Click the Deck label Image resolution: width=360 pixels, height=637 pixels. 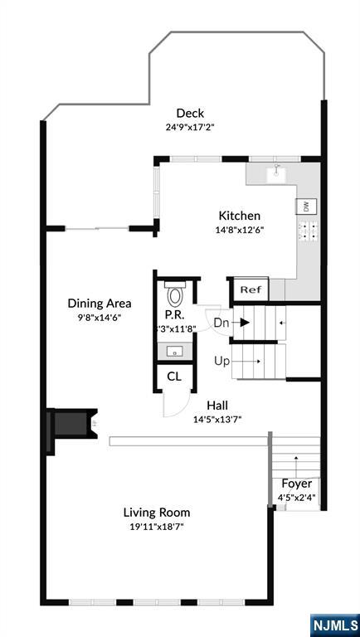[x=190, y=114]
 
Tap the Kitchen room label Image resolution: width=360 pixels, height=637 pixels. [x=239, y=216]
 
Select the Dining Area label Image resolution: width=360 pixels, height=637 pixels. [x=99, y=304]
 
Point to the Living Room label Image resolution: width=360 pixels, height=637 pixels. [x=157, y=512]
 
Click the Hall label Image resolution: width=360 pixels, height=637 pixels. [x=217, y=405]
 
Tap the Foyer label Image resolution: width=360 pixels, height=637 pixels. [x=296, y=484]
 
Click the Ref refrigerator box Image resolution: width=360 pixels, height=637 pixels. [x=249, y=290]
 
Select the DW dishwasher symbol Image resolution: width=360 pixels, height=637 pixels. [x=305, y=207]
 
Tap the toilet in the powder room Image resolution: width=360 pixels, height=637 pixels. [x=175, y=295]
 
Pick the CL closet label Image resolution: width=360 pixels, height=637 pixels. [x=173, y=377]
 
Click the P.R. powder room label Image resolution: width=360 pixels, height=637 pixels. [x=174, y=315]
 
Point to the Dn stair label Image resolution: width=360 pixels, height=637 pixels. [x=221, y=322]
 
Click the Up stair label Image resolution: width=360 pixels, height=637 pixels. [x=221, y=361]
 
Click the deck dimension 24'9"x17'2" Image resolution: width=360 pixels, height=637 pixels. [x=190, y=128]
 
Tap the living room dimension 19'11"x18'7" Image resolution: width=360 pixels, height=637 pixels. [x=157, y=526]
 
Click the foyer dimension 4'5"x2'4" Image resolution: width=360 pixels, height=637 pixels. [x=296, y=498]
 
